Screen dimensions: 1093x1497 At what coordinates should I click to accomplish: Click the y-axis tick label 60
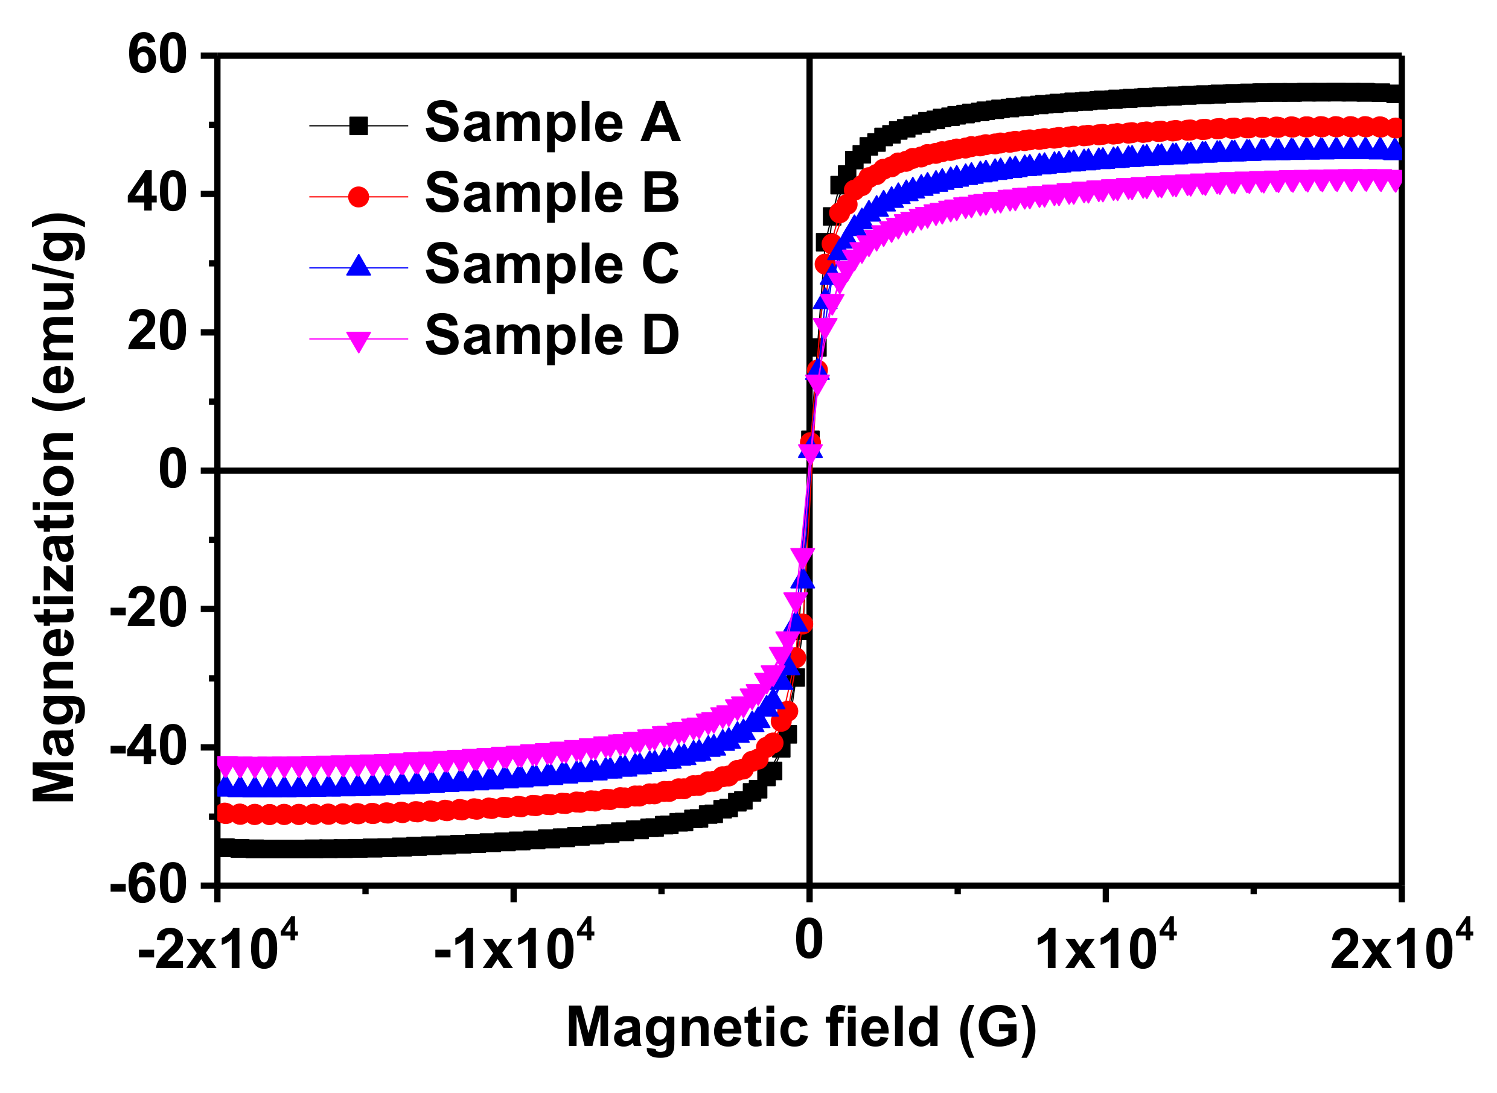click(x=158, y=55)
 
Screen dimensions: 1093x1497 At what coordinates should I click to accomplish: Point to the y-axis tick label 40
click(x=158, y=193)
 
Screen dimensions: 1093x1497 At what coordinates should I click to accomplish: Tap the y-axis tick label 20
click(x=158, y=332)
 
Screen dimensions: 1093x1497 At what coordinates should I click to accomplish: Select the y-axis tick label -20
click(x=148, y=609)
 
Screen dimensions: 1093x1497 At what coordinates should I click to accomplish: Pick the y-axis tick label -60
click(x=148, y=886)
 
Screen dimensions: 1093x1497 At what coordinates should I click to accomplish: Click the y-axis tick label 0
click(x=173, y=470)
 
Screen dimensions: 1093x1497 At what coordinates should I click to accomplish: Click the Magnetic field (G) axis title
click(x=801, y=1027)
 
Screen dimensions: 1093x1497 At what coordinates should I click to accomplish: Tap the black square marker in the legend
click(x=358, y=125)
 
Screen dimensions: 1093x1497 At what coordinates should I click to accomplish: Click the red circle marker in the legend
click(x=358, y=197)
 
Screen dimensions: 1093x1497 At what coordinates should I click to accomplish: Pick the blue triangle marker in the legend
click(x=358, y=267)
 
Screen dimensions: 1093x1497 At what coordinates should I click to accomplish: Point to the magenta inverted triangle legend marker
click(x=358, y=341)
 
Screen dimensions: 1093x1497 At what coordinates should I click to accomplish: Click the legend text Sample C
click(x=552, y=264)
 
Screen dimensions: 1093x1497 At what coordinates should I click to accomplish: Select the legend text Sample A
click(x=552, y=123)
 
